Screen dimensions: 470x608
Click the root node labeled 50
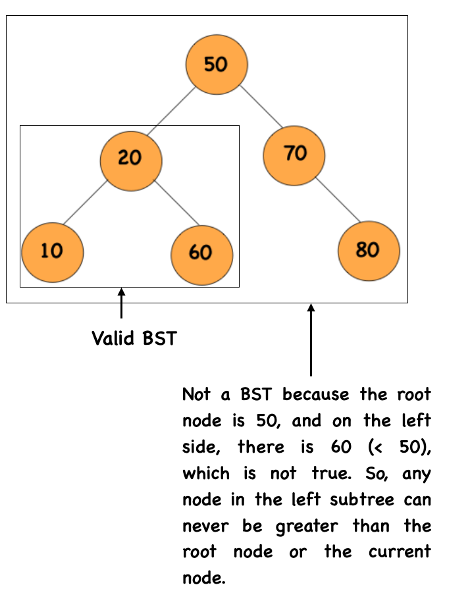tap(217, 64)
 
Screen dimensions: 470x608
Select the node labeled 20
tap(131, 161)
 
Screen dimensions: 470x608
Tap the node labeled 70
tap(294, 155)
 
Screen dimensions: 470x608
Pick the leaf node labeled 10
tap(53, 253)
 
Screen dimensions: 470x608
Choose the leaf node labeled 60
tap(202, 255)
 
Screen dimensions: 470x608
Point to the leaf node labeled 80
tap(369, 251)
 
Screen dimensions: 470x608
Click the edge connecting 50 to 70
tap(261, 107)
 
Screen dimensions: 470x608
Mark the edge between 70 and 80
tap(338, 199)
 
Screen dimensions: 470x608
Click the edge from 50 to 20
tap(171, 112)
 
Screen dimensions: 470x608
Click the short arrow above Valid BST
tap(121, 303)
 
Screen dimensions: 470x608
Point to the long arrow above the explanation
tap(311, 340)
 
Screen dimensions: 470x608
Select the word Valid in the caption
tap(113, 338)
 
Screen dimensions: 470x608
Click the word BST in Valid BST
tap(160, 338)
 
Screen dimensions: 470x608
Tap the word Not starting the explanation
tap(197, 394)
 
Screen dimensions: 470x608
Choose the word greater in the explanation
tap(307, 527)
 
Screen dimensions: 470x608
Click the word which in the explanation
tap(206, 473)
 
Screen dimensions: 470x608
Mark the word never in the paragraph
tap(205, 526)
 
